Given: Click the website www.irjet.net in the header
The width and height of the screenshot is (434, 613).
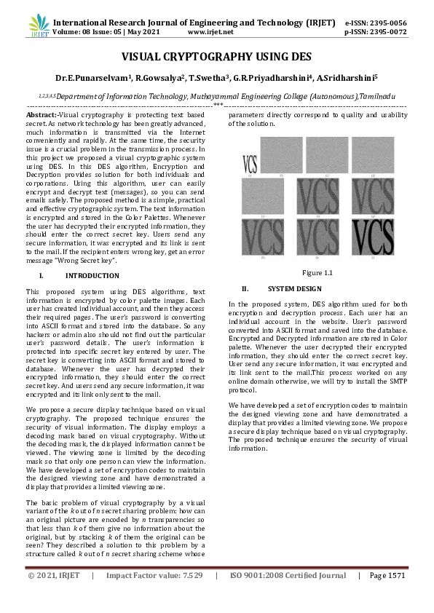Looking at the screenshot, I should [x=211, y=32].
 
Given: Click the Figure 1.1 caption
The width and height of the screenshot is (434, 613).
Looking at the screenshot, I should [x=317, y=272].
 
